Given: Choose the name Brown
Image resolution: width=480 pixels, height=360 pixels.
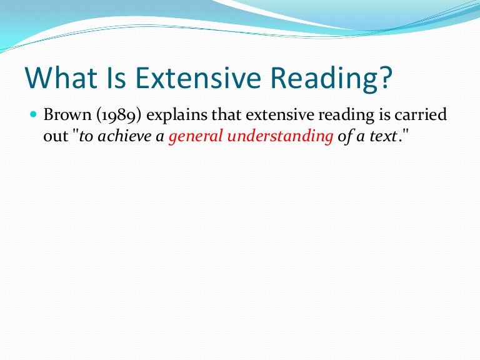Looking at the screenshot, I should coord(66,117).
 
